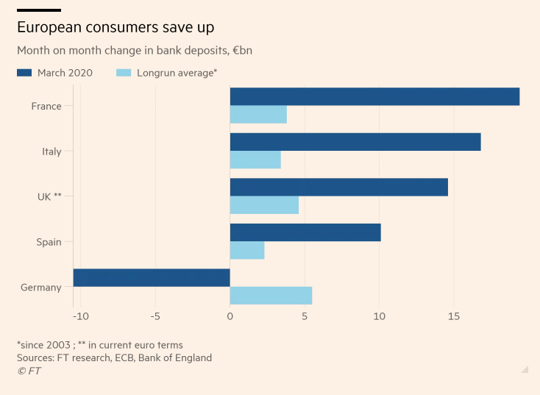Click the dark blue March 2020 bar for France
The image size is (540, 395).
(x=374, y=96)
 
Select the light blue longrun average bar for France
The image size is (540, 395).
(x=258, y=115)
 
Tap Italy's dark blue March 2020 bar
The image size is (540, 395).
(x=355, y=142)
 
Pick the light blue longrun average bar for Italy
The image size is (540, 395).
(x=255, y=160)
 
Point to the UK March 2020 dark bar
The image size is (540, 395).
(x=339, y=187)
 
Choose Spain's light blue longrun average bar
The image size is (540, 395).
(x=247, y=250)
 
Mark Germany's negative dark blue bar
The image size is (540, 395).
(x=152, y=277)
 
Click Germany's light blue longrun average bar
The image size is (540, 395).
(x=271, y=296)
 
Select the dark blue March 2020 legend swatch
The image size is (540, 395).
(x=24, y=73)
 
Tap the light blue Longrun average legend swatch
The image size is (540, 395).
(x=124, y=73)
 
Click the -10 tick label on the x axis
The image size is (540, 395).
(x=80, y=317)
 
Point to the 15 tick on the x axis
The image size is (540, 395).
(x=454, y=317)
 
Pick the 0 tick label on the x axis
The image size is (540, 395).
(x=230, y=317)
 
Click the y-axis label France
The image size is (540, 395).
(x=46, y=106)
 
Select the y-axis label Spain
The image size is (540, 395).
(x=49, y=242)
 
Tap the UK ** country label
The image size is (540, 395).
(x=49, y=196)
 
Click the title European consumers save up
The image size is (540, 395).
(x=116, y=28)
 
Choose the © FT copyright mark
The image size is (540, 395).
(x=29, y=371)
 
